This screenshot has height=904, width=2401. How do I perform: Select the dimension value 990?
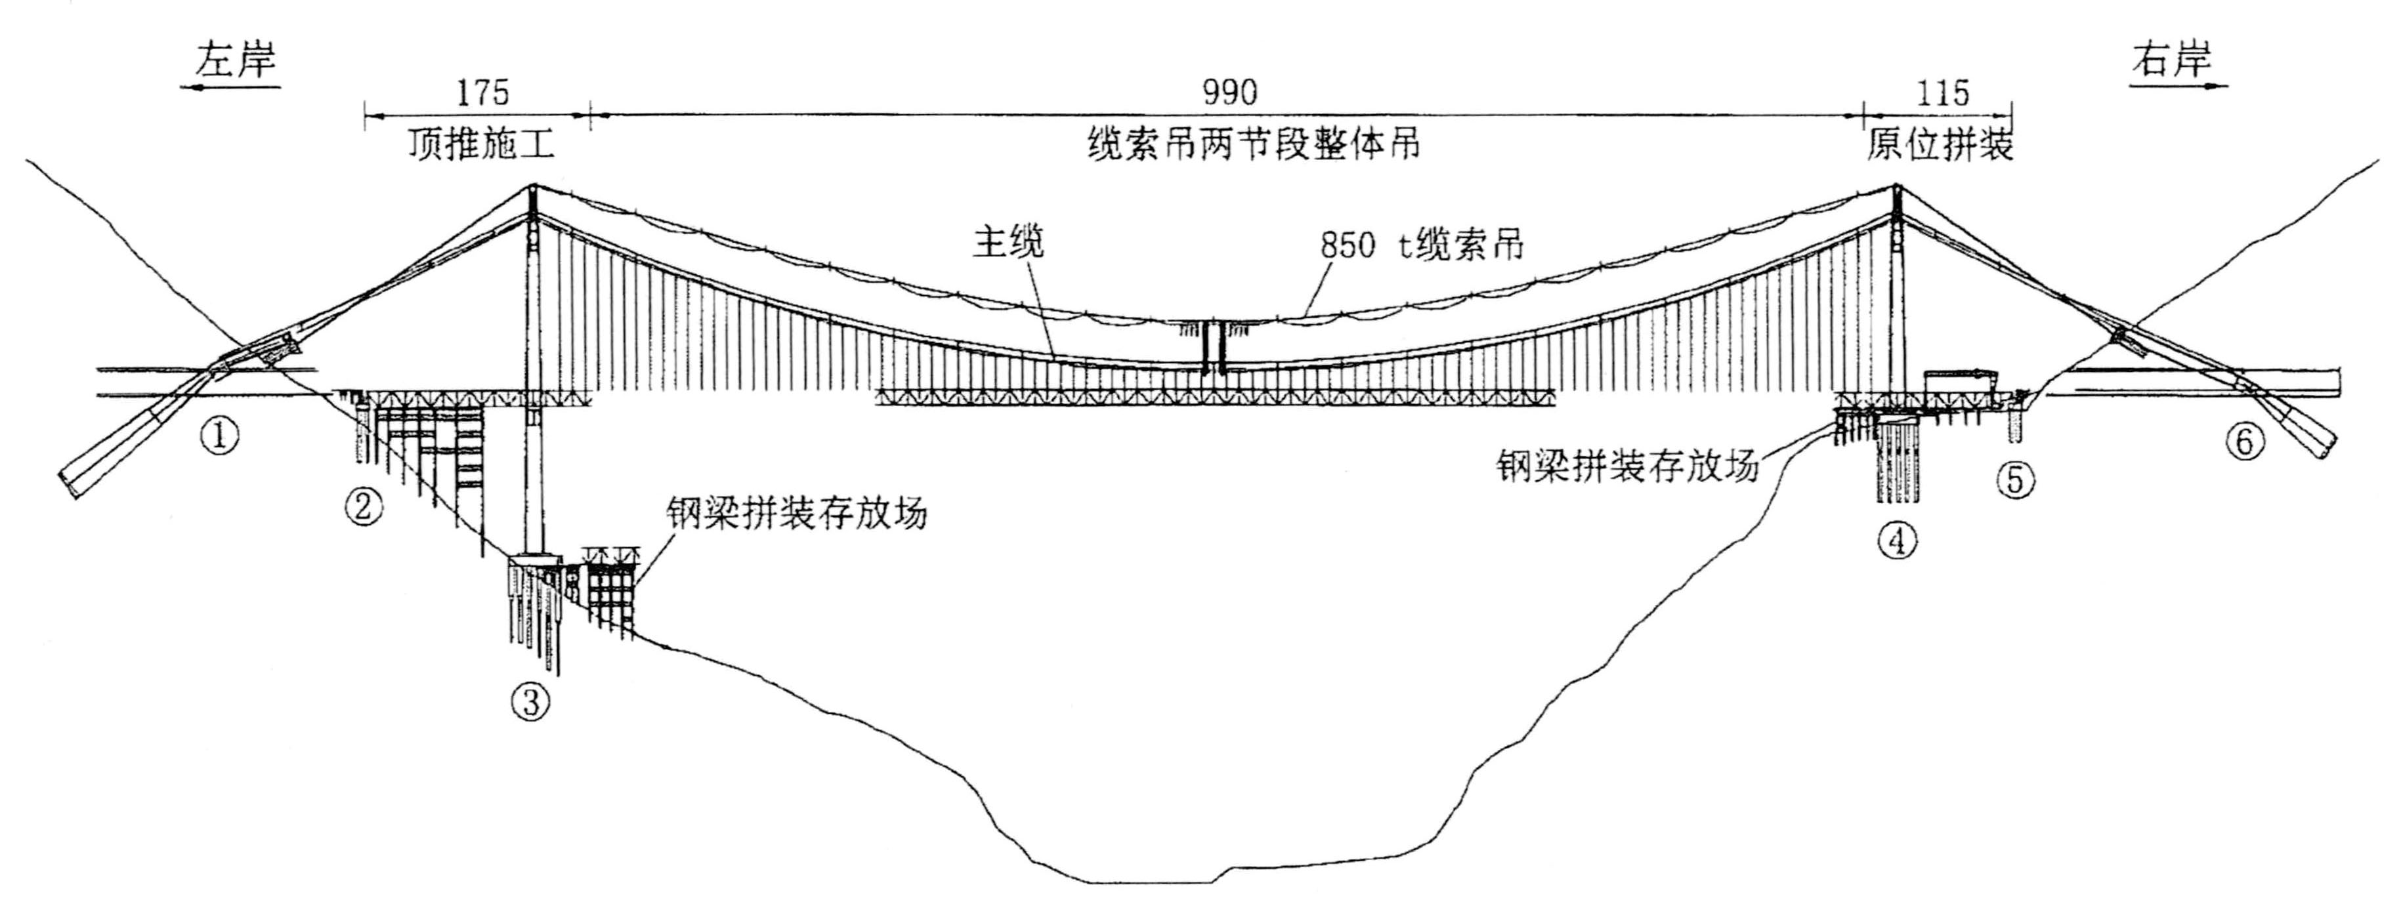pos(1229,93)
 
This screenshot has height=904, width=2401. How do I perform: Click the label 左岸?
pos(235,60)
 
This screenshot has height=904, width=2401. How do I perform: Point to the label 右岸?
pos(2173,60)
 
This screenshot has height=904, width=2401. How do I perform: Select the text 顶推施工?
pos(481,144)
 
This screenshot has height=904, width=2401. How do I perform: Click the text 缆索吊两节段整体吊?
pos(1254,144)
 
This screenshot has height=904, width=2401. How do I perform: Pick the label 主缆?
pos(1008,241)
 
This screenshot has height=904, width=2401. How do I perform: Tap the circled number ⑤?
pos(2015,480)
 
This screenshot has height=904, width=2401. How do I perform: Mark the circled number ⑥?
pos(2244,441)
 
